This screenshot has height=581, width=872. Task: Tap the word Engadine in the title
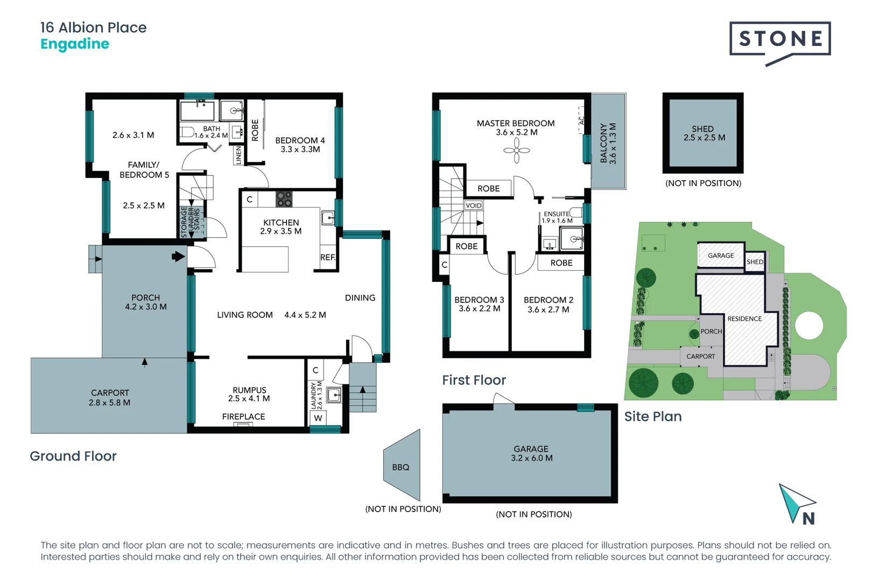pos(75,44)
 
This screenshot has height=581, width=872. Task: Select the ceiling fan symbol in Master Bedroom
pos(517,151)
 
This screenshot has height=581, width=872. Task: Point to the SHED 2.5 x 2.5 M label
pos(704,133)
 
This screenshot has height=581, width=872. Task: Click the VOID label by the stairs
pos(474,206)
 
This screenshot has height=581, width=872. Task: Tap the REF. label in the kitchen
pos(327,258)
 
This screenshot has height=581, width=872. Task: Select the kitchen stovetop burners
pos(284,199)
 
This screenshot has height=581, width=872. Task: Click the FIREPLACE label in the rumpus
pos(243,417)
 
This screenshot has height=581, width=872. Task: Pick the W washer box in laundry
pos(318,418)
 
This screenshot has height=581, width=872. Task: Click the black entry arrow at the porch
pos(178,257)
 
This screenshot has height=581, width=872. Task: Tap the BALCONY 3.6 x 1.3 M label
pos(608,143)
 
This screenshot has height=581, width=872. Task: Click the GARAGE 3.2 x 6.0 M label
pos(531,454)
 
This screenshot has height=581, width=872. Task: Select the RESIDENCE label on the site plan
pos(744,319)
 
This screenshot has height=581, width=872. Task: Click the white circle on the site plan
pos(809,325)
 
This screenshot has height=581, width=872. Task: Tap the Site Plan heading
pos(653,417)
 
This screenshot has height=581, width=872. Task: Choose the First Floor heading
pos(474,380)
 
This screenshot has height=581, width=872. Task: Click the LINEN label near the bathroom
pos(238,155)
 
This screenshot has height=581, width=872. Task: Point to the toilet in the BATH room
pos(187,132)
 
